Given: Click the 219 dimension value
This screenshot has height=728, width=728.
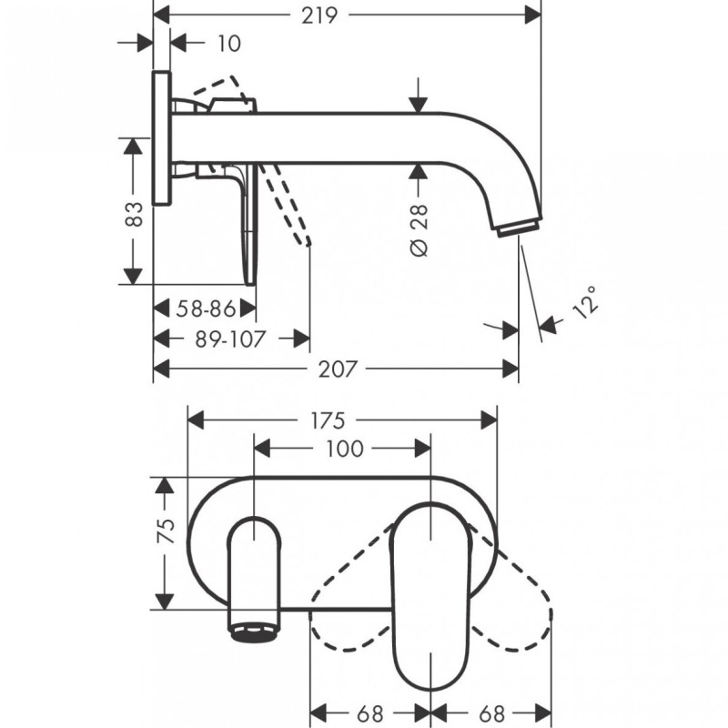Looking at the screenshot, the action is pyautogui.click(x=319, y=15).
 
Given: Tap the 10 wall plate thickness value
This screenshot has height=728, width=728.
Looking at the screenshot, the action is pyautogui.click(x=229, y=44).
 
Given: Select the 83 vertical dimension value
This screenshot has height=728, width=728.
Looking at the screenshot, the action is pyautogui.click(x=135, y=214).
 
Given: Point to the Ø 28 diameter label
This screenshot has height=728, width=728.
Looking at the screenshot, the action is pyautogui.click(x=419, y=230).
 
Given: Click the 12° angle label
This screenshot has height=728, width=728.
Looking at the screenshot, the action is pyautogui.click(x=585, y=302).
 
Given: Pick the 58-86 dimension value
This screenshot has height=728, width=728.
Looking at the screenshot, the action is pyautogui.click(x=206, y=308).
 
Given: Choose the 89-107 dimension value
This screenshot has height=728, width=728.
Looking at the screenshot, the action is pyautogui.click(x=230, y=339).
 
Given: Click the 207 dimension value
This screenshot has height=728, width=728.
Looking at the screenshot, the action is pyautogui.click(x=338, y=369).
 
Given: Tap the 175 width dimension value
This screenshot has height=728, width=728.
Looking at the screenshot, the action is pyautogui.click(x=328, y=421).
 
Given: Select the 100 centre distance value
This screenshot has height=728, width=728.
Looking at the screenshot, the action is pyautogui.click(x=345, y=449).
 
